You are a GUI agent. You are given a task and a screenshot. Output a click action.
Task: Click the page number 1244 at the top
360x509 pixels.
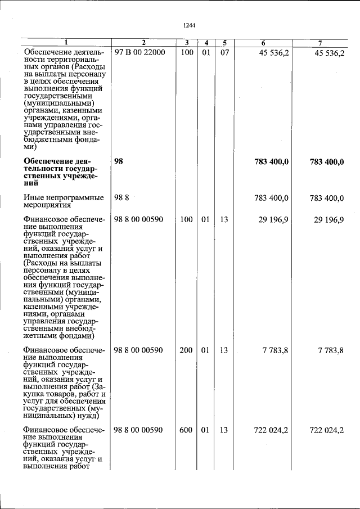coord(188,25)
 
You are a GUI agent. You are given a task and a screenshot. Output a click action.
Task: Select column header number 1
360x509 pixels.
coord(66,43)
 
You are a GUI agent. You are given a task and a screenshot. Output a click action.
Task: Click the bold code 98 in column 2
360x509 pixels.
coord(119,161)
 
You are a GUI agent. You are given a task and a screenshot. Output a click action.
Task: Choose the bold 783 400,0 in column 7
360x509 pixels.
coord(327,162)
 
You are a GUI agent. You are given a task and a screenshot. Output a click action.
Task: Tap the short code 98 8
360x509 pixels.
coord(121,197)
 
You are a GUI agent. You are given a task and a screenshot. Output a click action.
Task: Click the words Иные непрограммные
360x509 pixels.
coord(63,197)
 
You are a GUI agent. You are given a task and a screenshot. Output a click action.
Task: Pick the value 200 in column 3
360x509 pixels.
coord(186,350)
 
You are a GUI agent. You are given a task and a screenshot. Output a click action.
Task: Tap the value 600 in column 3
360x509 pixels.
coord(186,430)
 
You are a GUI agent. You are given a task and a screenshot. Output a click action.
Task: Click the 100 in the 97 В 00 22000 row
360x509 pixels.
coord(186,52)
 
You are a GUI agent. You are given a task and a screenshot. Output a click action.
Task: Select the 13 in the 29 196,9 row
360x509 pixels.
coord(224,219)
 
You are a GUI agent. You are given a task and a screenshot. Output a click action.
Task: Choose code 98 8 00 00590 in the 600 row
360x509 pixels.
coord(138,430)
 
